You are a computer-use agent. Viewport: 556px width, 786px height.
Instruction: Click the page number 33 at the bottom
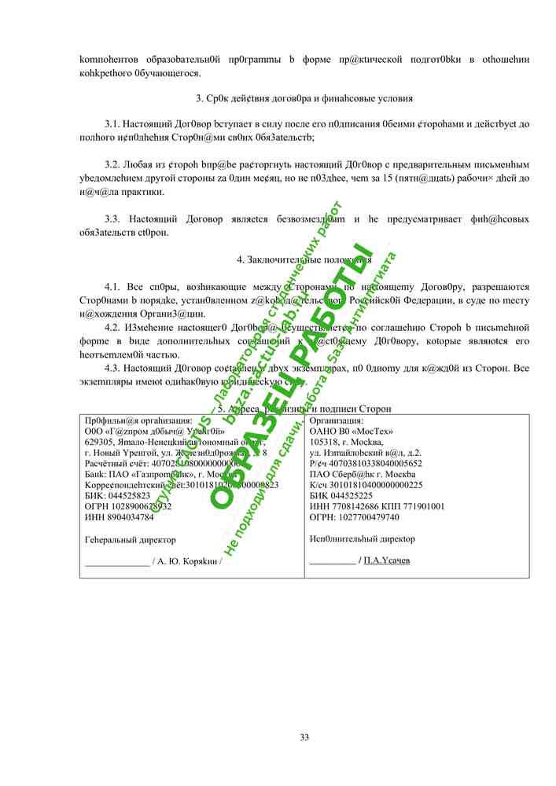point(304,736)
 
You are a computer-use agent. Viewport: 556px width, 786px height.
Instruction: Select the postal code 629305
point(100,442)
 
